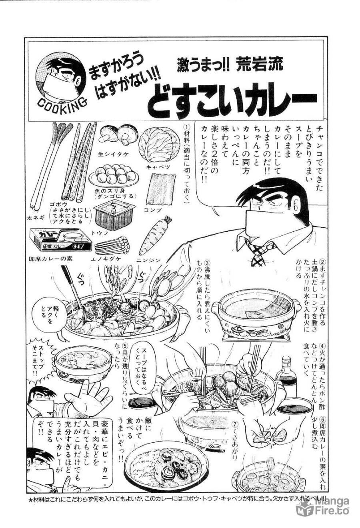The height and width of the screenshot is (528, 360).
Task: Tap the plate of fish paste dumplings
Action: point(114,175)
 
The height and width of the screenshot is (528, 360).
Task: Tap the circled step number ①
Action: point(185,126)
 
